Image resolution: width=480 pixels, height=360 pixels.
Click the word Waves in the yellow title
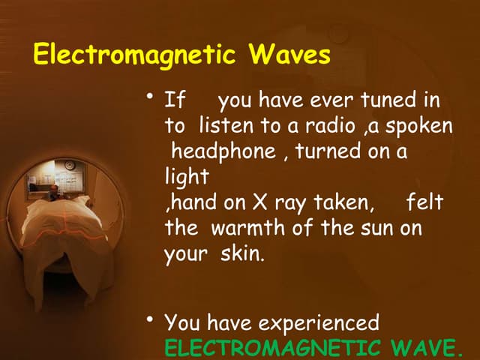(289, 55)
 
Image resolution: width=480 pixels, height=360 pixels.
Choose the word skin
(242, 253)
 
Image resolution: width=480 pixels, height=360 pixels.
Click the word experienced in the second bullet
(319, 323)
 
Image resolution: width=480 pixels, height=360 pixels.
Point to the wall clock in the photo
(69, 165)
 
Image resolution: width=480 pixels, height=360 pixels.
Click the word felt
(424, 202)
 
